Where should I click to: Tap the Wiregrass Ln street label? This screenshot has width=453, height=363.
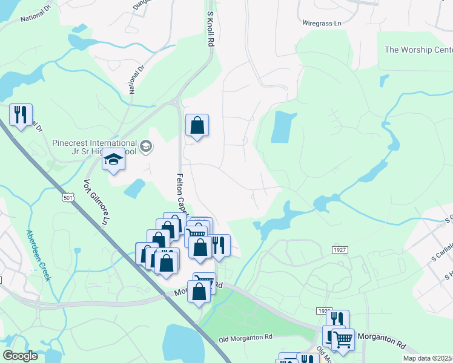(323, 23)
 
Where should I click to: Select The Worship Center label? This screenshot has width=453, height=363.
(418, 50)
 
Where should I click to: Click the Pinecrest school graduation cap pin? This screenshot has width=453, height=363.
(113, 160)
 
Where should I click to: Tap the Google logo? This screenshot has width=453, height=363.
(20, 356)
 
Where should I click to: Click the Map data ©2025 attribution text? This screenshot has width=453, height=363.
(427, 358)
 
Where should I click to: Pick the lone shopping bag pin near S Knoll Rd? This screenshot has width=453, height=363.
(197, 126)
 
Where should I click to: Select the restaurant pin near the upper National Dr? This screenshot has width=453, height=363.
(21, 115)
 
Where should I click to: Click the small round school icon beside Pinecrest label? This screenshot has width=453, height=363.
(145, 146)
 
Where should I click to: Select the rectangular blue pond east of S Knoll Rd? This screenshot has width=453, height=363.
(282, 127)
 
